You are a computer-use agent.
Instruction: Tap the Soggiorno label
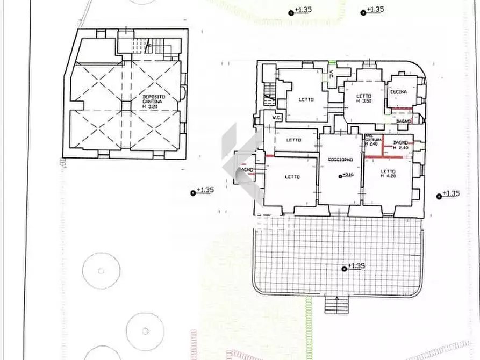click(340, 161)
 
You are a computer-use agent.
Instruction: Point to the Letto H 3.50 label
click(365, 98)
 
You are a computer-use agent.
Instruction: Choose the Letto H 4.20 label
click(388, 174)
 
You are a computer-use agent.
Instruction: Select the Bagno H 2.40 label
click(401, 145)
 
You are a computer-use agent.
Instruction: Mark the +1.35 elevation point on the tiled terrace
click(345, 267)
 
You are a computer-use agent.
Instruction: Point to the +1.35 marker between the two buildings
click(193, 192)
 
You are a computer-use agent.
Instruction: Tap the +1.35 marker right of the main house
click(439, 196)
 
